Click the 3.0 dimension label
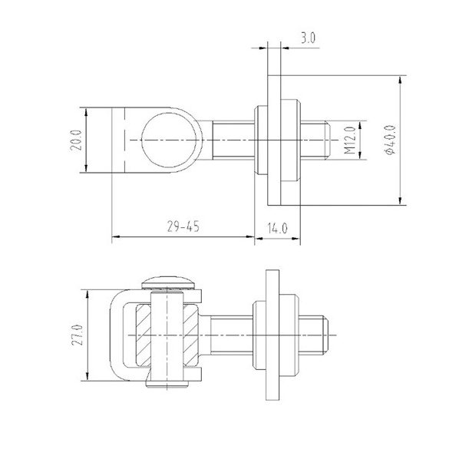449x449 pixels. point(308,38)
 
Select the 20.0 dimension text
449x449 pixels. point(76,140)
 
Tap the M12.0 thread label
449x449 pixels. point(350,140)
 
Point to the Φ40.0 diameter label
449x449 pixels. point(391,140)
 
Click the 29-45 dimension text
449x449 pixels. point(183,226)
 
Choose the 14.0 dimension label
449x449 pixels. point(277,228)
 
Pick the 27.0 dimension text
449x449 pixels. point(78,335)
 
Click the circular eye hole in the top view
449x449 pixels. point(170,140)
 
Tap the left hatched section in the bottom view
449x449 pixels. point(144,335)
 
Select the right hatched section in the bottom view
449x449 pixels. point(190,335)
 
